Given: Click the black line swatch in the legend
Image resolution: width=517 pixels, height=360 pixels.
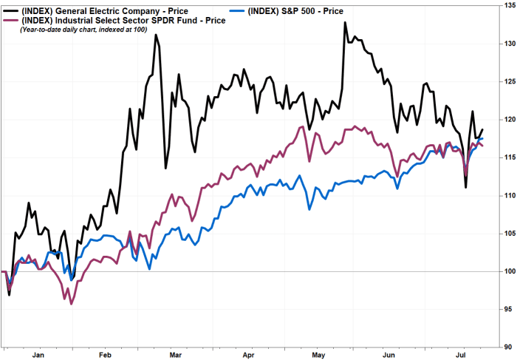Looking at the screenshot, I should pyautogui.click(x=11, y=10).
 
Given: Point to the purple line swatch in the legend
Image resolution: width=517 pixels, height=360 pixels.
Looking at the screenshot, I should pyautogui.click(x=11, y=20).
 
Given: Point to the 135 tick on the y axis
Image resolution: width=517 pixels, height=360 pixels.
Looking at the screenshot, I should pyautogui.click(x=507, y=5).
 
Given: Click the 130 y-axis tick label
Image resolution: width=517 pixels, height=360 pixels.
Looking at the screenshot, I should pyautogui.click(x=507, y=43).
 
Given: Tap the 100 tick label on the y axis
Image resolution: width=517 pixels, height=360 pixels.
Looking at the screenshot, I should pyautogui.click(x=507, y=271).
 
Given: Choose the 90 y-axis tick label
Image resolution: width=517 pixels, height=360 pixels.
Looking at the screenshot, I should pyautogui.click(x=507, y=347).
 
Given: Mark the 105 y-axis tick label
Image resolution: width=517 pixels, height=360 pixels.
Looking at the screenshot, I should pyautogui.click(x=507, y=233).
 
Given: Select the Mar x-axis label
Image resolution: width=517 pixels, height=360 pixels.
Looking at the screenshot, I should pyautogui.click(x=175, y=353).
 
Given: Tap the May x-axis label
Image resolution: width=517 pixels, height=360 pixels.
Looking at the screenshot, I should pyautogui.click(x=320, y=353).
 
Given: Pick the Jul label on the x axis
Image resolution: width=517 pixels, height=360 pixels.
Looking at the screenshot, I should pyautogui.click(x=461, y=353).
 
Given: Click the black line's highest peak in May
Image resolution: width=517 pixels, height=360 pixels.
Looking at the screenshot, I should pyautogui.click(x=345, y=22).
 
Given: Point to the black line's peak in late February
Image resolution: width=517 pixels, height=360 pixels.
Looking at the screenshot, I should pyautogui.click(x=156, y=35).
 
